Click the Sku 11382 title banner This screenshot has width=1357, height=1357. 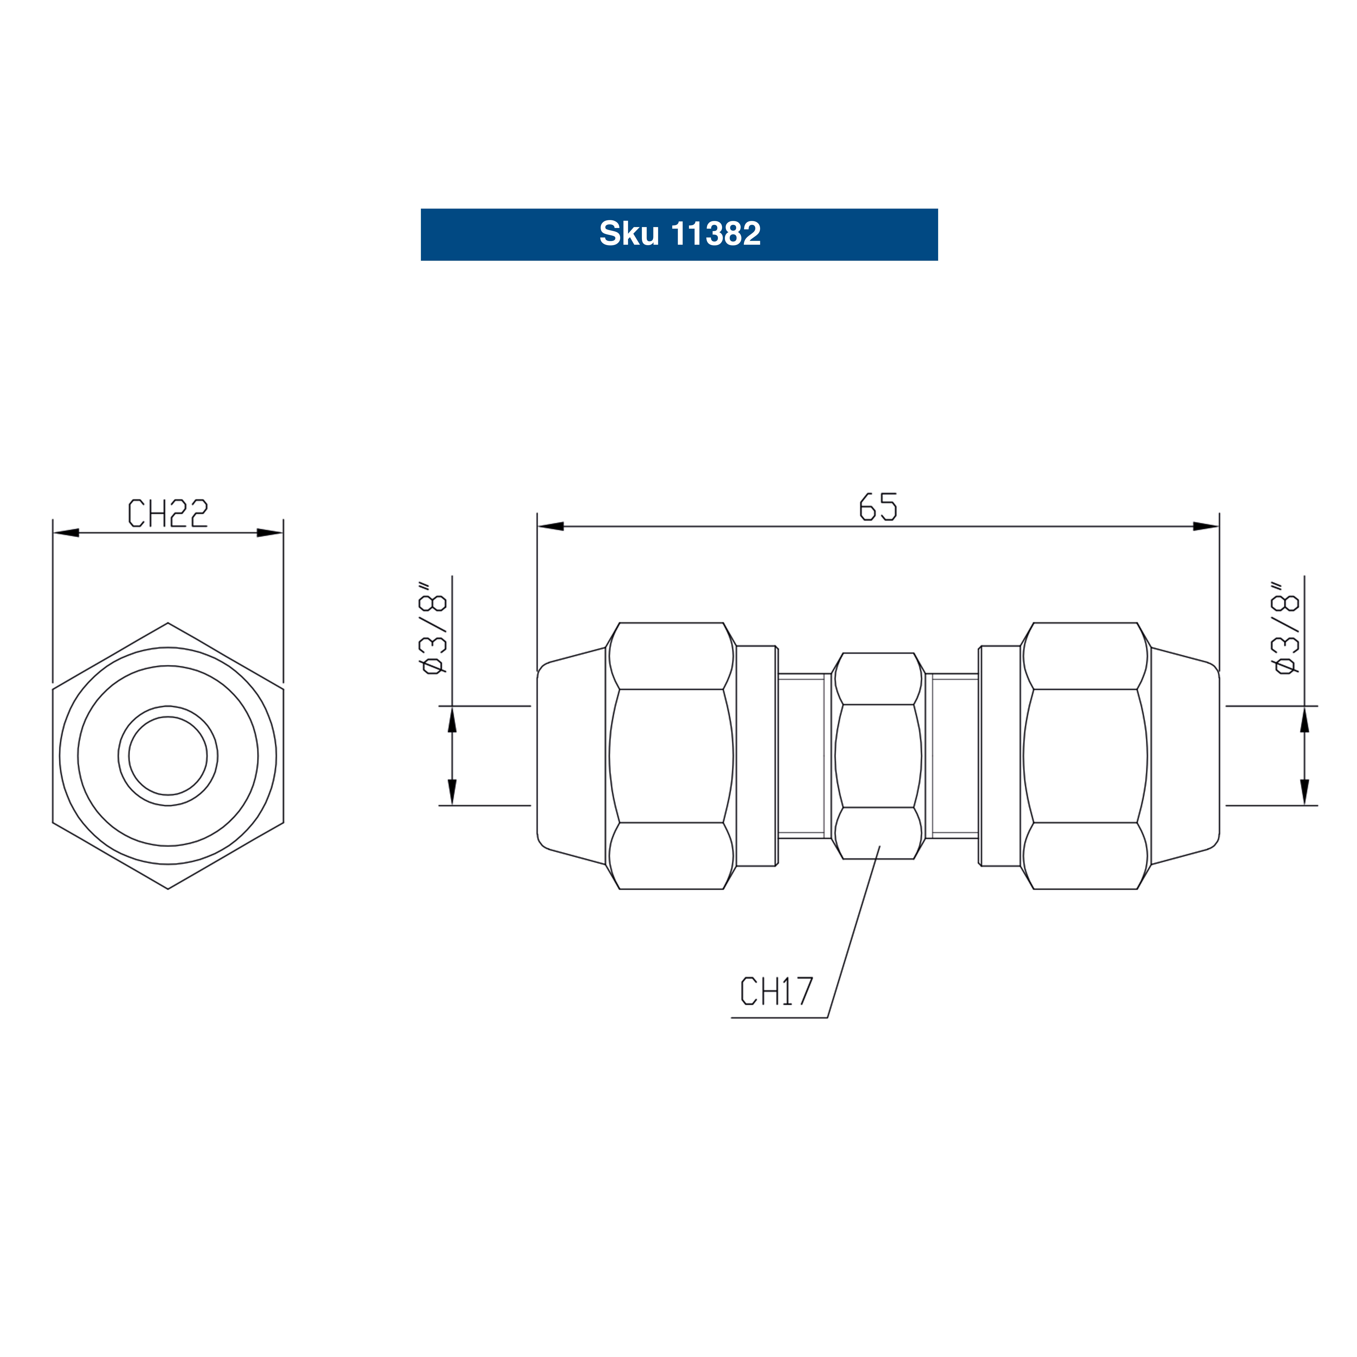[679, 235]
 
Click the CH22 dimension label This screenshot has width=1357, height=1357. [168, 513]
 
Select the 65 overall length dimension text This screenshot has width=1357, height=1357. [879, 506]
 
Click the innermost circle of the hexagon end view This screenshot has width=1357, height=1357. [168, 756]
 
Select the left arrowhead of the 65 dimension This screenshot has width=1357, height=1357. [551, 526]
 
